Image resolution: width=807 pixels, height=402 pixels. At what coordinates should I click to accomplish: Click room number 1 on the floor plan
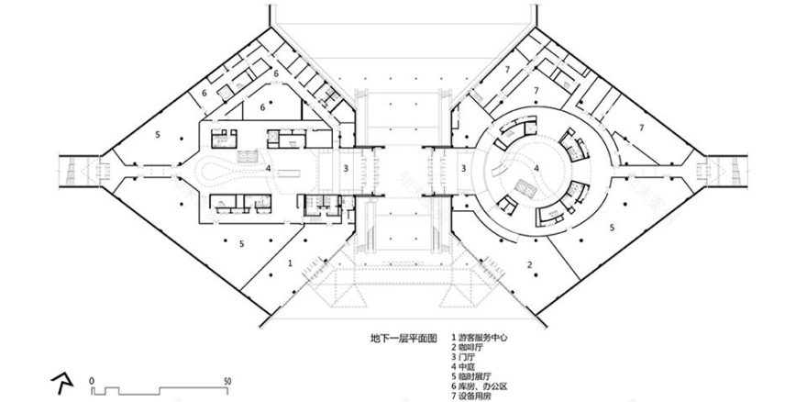(x=292, y=262)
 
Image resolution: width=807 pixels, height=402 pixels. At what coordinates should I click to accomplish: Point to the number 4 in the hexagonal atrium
(x=267, y=168)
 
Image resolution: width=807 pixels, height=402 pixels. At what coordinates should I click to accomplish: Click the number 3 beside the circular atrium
(x=465, y=168)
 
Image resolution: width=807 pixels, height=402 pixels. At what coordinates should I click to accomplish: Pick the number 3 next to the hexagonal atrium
(x=345, y=168)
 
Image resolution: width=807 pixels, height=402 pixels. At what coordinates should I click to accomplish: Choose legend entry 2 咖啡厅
(x=469, y=349)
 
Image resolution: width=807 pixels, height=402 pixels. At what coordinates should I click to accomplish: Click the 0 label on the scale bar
(x=92, y=378)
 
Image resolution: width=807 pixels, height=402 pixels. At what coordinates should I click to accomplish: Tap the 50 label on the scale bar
(x=227, y=378)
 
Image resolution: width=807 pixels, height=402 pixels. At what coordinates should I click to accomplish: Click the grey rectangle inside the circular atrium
(x=529, y=187)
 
